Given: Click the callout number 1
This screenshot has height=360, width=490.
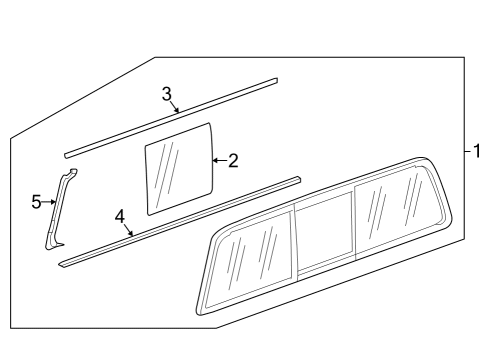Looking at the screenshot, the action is pyautogui.click(x=478, y=152).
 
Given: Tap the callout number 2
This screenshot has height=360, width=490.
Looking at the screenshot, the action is pyautogui.click(x=233, y=160).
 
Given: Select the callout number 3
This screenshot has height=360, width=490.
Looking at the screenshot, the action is pyautogui.click(x=167, y=93).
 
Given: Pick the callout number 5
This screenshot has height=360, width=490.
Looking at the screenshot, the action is pyautogui.click(x=36, y=202).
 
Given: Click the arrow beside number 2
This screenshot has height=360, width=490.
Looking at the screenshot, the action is pyautogui.click(x=218, y=159).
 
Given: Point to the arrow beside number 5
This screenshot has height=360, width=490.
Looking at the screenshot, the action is pyautogui.click(x=50, y=202).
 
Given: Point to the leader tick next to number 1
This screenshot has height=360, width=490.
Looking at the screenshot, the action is pyautogui.click(x=466, y=152).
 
